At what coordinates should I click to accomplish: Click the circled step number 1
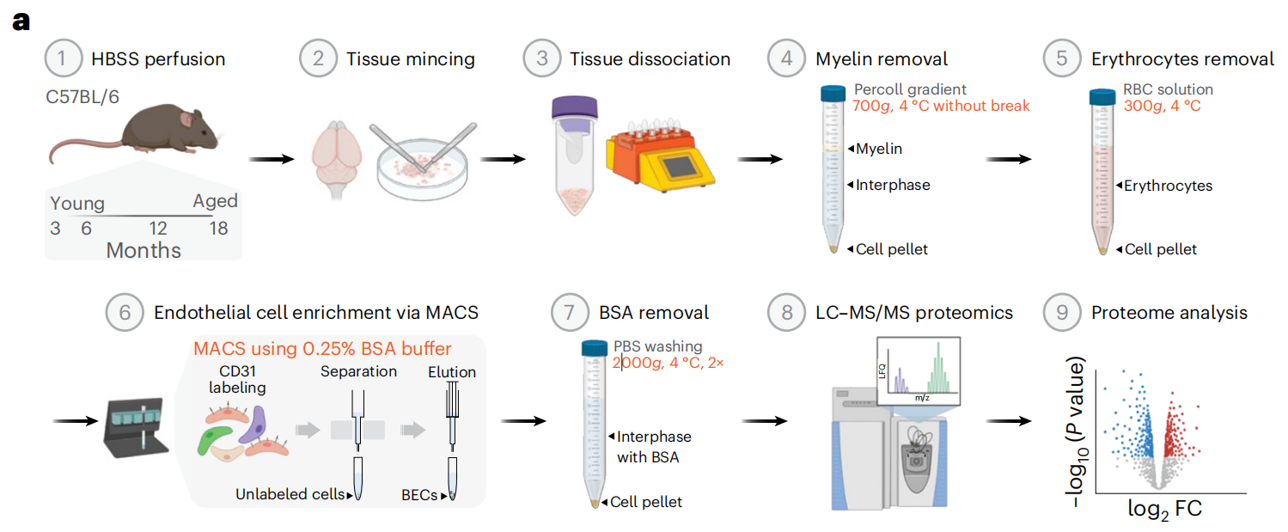(x=61, y=59)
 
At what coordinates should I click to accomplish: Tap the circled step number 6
(x=123, y=313)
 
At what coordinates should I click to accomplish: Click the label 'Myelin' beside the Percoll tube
(x=879, y=149)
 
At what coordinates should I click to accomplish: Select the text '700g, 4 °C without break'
(x=941, y=107)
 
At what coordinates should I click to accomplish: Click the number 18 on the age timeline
(x=221, y=229)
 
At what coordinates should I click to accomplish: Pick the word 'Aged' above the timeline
(x=215, y=203)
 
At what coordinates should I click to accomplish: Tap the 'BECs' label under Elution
(x=419, y=494)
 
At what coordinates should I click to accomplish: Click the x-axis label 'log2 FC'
(x=1164, y=509)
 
